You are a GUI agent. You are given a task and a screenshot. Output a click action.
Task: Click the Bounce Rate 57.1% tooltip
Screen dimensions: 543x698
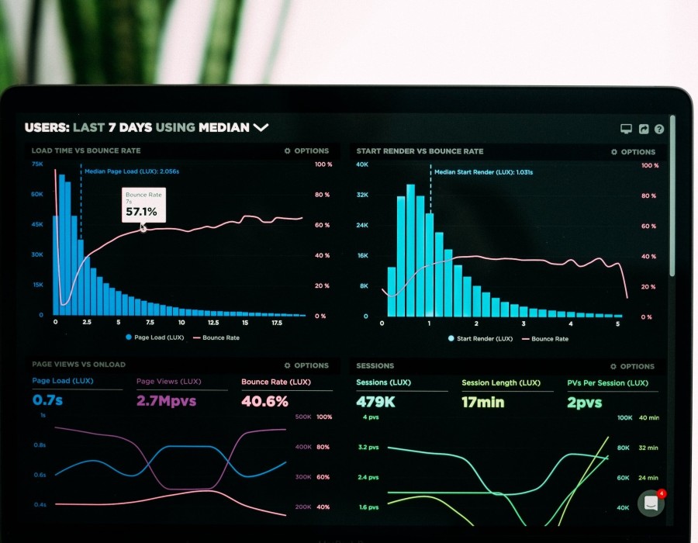pos(143,206)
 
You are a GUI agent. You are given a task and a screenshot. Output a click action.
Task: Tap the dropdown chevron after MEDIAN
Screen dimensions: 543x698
pos(261,127)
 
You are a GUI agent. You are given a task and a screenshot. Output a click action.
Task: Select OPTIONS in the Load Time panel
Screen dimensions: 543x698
pos(307,150)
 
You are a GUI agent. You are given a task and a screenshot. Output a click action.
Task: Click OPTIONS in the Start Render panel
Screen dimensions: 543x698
pos(633,152)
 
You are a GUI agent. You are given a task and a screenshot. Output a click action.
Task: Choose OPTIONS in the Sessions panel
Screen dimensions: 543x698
pos(633,366)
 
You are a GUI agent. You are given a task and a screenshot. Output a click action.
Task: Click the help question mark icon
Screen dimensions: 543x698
pos(659,130)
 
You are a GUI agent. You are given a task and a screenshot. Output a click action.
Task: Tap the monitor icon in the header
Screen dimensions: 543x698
pos(627,130)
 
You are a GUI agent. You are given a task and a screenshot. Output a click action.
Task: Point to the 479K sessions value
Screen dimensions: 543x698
pos(375,402)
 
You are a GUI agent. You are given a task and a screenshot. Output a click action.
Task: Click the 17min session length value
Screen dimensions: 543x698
pos(482,402)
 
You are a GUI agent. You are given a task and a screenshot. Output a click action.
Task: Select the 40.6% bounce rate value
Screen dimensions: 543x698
pos(264,401)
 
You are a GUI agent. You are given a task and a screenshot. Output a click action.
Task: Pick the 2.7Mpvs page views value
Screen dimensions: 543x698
pos(166,401)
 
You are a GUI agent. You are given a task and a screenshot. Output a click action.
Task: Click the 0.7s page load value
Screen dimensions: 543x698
pos(49,401)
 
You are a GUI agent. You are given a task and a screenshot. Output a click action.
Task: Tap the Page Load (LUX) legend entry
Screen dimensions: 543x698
pos(155,337)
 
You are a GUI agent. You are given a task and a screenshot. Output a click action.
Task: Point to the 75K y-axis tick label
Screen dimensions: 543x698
pos(37,164)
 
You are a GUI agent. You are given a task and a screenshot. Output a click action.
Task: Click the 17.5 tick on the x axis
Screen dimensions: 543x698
pos(277,322)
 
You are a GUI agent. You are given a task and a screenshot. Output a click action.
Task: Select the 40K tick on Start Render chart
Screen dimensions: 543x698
pos(362,164)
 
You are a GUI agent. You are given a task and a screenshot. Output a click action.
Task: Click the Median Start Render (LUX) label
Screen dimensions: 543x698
pos(483,172)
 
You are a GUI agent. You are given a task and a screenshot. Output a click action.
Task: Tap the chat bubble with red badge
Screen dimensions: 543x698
pos(651,503)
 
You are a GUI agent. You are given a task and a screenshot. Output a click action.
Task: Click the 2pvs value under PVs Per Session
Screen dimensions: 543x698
pos(584,402)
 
